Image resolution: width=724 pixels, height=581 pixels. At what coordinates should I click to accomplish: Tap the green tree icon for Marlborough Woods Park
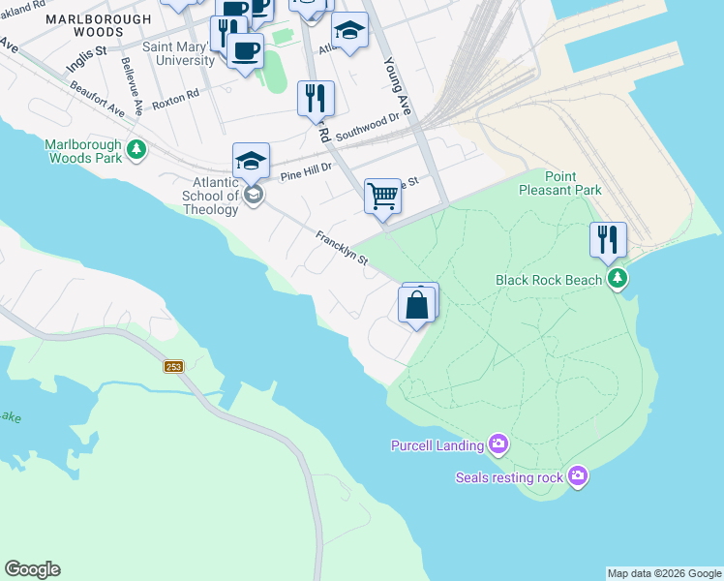pyautogui.click(x=137, y=149)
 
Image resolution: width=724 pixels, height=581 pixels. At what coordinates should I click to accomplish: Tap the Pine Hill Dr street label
pyautogui.click(x=306, y=171)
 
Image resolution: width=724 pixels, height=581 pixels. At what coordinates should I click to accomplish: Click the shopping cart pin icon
pyautogui.click(x=383, y=197)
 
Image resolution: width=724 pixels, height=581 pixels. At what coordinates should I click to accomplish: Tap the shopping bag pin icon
pyautogui.click(x=417, y=305)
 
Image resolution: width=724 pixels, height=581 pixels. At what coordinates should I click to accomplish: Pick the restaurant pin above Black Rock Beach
pyautogui.click(x=608, y=239)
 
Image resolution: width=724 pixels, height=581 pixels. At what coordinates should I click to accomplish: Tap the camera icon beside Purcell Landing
pyautogui.click(x=498, y=445)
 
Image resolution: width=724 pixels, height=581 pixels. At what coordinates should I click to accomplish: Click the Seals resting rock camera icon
pyautogui.click(x=578, y=475)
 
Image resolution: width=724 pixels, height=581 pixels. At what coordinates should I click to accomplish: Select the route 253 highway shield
pyautogui.click(x=173, y=366)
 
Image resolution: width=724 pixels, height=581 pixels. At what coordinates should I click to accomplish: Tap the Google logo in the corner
pyautogui.click(x=32, y=569)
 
